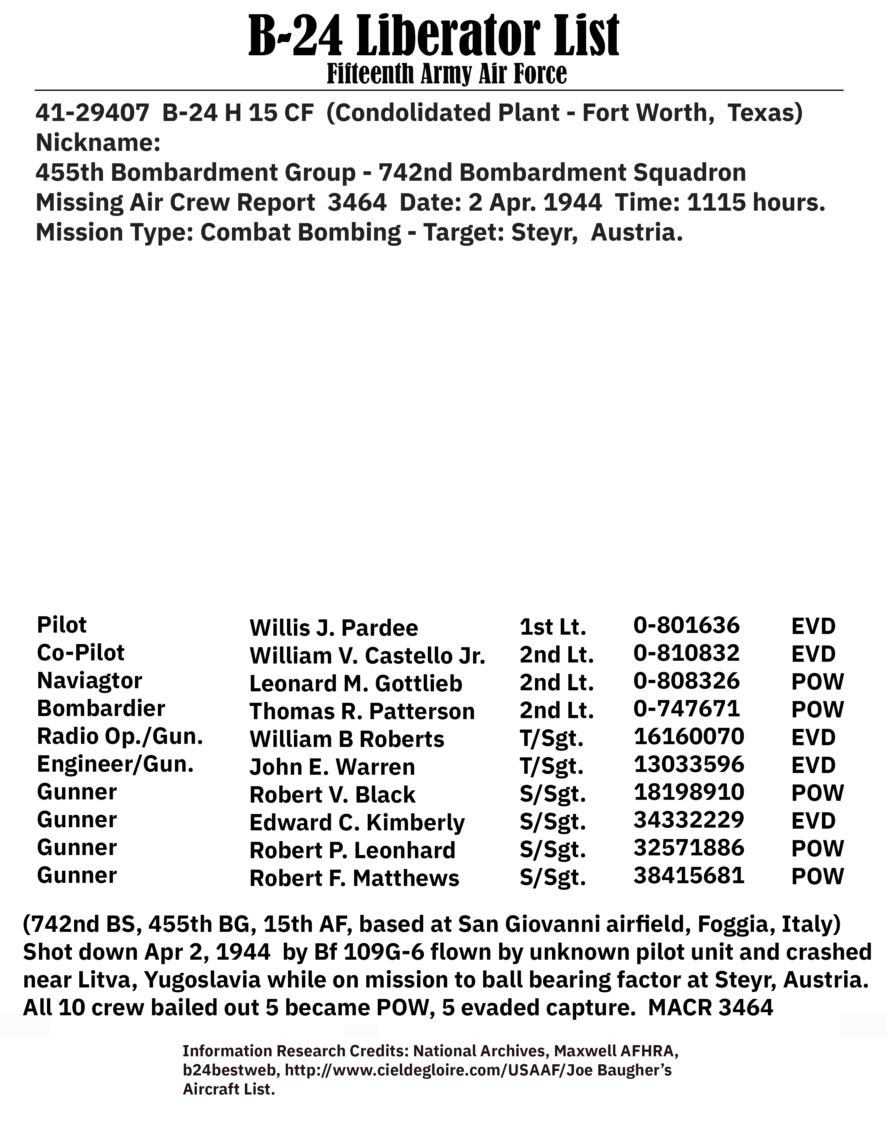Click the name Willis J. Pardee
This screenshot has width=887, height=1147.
[x=334, y=628]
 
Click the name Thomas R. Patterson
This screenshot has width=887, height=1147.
[x=362, y=711]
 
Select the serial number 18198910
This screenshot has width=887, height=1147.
[x=689, y=792]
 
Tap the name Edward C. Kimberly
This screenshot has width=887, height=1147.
[x=357, y=822]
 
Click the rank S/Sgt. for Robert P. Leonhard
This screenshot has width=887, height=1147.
[x=552, y=850]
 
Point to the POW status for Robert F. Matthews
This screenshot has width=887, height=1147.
[x=817, y=877]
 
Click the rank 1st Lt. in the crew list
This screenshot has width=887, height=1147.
[x=552, y=627]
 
